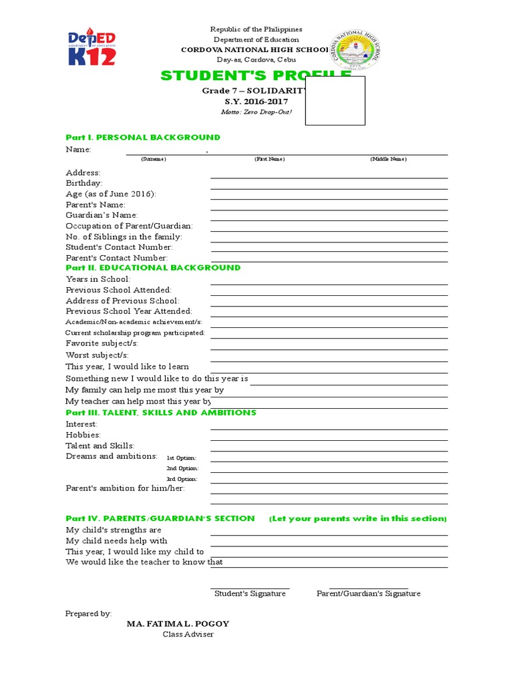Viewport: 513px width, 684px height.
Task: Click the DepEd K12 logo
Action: (x=92, y=47)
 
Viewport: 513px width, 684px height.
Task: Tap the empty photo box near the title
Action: (x=335, y=100)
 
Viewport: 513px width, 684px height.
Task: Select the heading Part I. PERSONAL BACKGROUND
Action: (x=142, y=137)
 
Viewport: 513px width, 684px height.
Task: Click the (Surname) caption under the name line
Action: (x=153, y=159)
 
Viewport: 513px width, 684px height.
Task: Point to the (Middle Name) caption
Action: (x=388, y=159)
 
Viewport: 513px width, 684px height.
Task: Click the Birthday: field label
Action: (x=84, y=183)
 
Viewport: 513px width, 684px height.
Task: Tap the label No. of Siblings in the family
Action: (x=124, y=236)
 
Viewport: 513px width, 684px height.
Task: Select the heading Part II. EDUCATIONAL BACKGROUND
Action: (x=153, y=267)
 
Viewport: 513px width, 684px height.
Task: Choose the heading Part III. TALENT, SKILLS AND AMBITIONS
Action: (x=160, y=413)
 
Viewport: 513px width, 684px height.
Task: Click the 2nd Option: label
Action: (x=182, y=468)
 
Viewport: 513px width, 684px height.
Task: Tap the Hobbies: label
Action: (x=83, y=435)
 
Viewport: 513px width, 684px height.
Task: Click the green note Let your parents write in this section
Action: (x=358, y=518)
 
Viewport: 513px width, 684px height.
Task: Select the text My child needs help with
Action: (x=116, y=541)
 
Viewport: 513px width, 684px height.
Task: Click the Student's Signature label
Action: (x=250, y=594)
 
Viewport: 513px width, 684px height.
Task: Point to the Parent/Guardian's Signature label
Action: (x=369, y=594)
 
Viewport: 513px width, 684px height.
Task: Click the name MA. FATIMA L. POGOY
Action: (x=178, y=623)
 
